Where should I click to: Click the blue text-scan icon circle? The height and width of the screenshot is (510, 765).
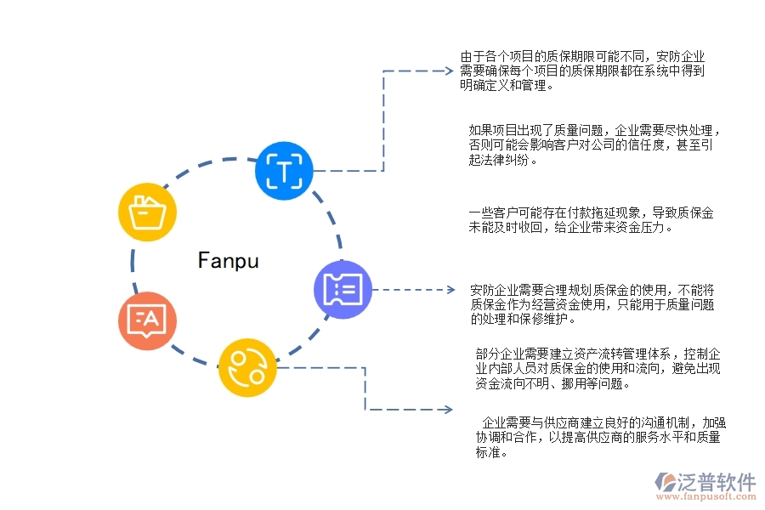coord(285,171)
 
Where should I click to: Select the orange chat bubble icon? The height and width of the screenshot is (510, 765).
coord(147,320)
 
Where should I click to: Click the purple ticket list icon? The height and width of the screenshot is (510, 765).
coord(343,289)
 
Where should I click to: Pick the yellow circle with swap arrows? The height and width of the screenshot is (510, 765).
coord(247,367)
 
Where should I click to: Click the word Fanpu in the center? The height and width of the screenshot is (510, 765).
coord(228,260)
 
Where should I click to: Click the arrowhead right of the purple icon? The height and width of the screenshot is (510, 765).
coord(450,290)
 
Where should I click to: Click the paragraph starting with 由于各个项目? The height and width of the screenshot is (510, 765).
coord(582,71)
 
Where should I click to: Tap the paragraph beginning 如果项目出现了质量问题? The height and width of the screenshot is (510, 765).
coord(595,145)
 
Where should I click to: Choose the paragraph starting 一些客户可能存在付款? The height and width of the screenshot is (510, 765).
coord(591,219)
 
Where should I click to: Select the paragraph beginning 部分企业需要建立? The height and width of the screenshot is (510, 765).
coord(598,368)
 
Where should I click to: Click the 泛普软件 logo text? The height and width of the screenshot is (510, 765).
coord(716,482)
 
